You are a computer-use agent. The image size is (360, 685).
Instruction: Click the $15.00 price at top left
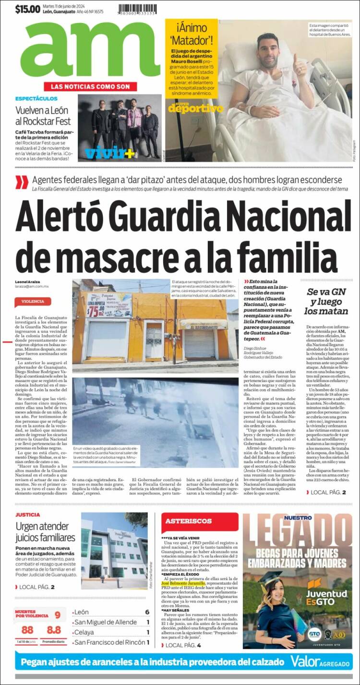pyautogui.click(x=27, y=9)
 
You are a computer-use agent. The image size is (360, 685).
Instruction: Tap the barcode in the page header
pyautogui.click(x=144, y=9)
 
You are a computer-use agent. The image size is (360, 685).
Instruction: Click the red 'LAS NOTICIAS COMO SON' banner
pyautogui.click(x=90, y=86)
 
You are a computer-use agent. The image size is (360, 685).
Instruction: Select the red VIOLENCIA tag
pyautogui.click(x=33, y=301)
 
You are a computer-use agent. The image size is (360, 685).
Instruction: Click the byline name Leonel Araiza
pyautogui.click(x=27, y=281)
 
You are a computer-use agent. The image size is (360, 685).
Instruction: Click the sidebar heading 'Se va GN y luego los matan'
pyautogui.click(x=327, y=301)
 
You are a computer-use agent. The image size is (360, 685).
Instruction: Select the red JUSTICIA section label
pyautogui.click(x=27, y=514)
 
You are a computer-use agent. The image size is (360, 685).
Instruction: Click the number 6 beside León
pyautogui.click(x=147, y=612)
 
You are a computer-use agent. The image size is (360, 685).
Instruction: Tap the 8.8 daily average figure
pyautogui.click(x=54, y=630)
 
